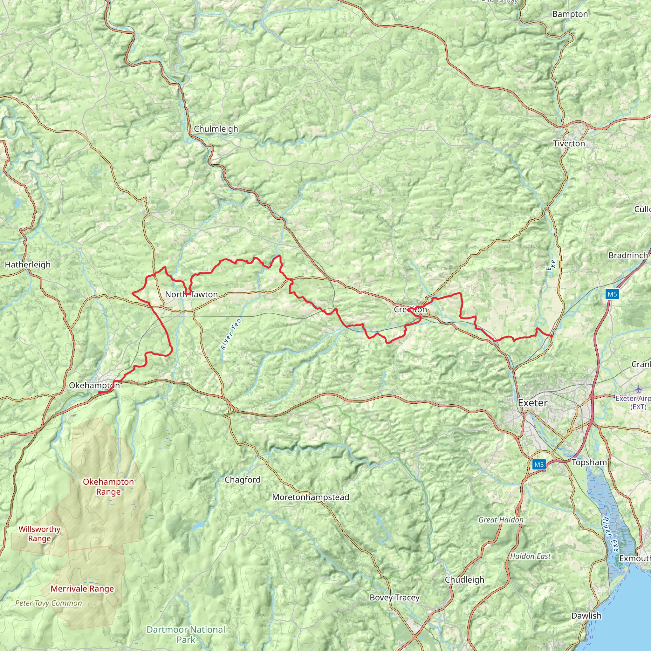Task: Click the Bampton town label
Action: click(570, 14)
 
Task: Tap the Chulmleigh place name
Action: click(216, 129)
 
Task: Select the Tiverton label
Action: click(569, 144)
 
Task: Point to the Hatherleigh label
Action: click(28, 265)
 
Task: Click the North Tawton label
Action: click(191, 294)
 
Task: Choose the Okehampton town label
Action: click(94, 386)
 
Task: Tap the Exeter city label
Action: click(532, 403)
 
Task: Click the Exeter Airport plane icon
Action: click(639, 389)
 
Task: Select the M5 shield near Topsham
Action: click(539, 465)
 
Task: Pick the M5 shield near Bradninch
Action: click(612, 294)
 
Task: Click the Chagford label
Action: click(243, 480)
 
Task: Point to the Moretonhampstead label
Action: click(310, 497)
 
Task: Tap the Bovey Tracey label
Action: click(394, 598)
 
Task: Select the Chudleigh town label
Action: click(464, 580)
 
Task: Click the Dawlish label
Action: click(586, 616)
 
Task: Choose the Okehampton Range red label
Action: click(108, 487)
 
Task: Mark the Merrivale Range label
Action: click(82, 589)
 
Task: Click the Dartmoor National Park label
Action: click(186, 634)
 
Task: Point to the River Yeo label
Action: click(231, 334)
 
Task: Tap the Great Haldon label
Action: click(501, 520)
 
